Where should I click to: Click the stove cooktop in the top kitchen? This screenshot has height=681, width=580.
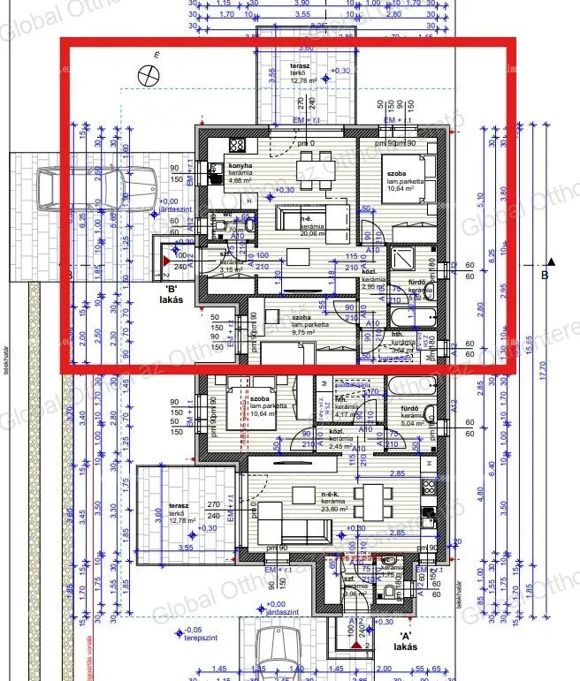click(237, 146)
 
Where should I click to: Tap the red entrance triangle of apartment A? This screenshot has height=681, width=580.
click(366, 647)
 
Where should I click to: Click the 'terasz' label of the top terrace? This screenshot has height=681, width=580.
click(301, 66)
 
